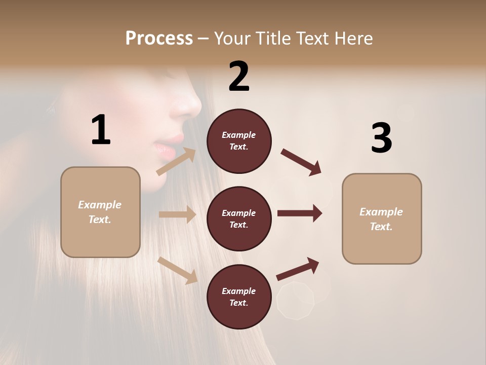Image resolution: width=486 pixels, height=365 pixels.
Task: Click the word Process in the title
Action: click(x=159, y=39)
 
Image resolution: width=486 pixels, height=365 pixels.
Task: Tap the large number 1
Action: click(x=101, y=130)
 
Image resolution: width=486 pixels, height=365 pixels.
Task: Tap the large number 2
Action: click(x=239, y=77)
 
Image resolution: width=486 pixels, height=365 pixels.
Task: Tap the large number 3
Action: click(x=381, y=138)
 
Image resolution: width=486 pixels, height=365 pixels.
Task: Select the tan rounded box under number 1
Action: click(x=100, y=212)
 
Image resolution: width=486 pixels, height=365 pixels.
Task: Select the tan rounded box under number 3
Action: click(x=382, y=218)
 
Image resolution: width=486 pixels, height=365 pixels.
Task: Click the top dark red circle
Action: click(x=239, y=141)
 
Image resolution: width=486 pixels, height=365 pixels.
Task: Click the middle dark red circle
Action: click(x=239, y=218)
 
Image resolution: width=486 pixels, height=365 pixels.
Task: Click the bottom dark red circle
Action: click(x=239, y=297)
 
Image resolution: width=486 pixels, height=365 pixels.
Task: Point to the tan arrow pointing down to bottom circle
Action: click(x=178, y=270)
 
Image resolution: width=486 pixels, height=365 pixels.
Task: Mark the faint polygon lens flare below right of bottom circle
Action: click(x=296, y=301)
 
